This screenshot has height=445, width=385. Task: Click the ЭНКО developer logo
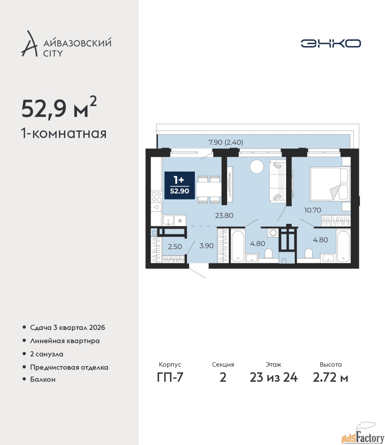click(330, 43)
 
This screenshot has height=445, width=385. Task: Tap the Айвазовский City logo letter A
click(29, 44)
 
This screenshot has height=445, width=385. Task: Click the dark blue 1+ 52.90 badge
click(180, 185)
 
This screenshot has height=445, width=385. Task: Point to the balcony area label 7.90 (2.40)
click(226, 142)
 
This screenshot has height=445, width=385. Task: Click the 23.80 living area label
click(224, 215)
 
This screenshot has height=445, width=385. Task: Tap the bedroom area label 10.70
click(312, 210)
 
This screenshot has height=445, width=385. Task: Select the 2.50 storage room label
click(175, 246)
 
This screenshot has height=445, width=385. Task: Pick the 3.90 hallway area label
click(206, 245)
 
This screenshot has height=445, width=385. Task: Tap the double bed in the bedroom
click(329, 184)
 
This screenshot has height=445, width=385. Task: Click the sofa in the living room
click(276, 181)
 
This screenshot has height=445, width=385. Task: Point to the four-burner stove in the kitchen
click(157, 197)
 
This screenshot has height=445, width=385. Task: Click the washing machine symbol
click(273, 233)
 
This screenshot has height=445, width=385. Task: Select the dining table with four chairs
click(209, 189)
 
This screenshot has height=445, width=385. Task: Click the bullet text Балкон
click(43, 379)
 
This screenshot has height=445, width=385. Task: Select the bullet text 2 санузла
click(47, 354)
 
